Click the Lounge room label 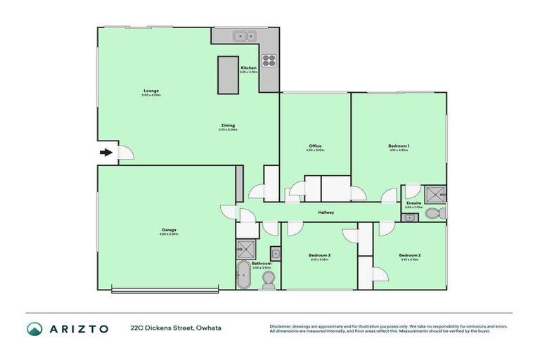pyautogui.click(x=151, y=90)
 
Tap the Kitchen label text pyautogui.click(x=248, y=67)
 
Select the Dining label pyautogui.click(x=228, y=125)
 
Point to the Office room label pyautogui.click(x=315, y=146)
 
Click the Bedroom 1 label pyautogui.click(x=399, y=146)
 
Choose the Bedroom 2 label pyautogui.click(x=409, y=255)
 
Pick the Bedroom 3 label pyautogui.click(x=319, y=255)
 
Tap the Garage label pyautogui.click(x=169, y=229)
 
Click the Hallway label pyautogui.click(x=326, y=212)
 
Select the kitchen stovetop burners pyautogui.click(x=269, y=59)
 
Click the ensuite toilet pyautogui.click(x=439, y=212)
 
